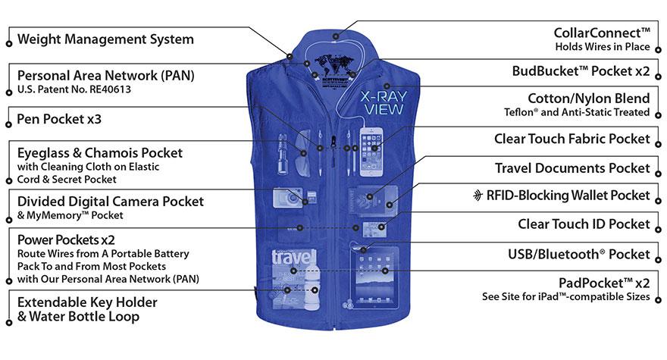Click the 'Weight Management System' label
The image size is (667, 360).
[x=105, y=39]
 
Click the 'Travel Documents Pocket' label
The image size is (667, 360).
[x=572, y=167]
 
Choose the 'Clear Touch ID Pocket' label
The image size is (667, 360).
[x=584, y=224]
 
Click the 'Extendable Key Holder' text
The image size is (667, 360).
[x=86, y=302]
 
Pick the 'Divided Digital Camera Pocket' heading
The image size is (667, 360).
[x=110, y=201]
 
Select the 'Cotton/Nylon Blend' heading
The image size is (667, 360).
[x=589, y=99]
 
